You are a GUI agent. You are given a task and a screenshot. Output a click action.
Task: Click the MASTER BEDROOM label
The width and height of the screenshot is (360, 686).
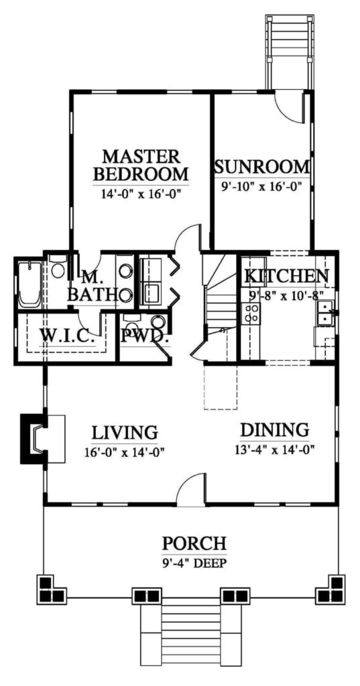coord(141,165)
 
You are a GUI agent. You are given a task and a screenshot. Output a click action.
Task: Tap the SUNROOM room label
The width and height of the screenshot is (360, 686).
coord(263,167)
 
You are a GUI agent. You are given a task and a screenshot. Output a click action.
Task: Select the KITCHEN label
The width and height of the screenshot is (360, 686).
coord(286,276)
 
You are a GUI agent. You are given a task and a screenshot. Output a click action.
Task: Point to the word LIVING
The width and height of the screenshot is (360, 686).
coord(125,432)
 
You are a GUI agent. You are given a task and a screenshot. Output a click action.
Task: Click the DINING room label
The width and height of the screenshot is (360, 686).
coord(275,429)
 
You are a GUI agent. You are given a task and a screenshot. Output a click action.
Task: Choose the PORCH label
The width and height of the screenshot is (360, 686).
coord(194,543)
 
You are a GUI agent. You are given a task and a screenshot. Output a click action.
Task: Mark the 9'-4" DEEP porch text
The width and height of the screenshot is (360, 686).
coord(194,563)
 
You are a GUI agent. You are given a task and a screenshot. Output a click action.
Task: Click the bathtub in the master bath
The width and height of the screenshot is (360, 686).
coord(29,284)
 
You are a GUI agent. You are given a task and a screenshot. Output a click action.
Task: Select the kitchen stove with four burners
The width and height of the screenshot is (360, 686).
coord(251,314)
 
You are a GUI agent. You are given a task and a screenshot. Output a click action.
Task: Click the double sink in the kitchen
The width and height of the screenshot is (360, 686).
coord(325,313)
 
